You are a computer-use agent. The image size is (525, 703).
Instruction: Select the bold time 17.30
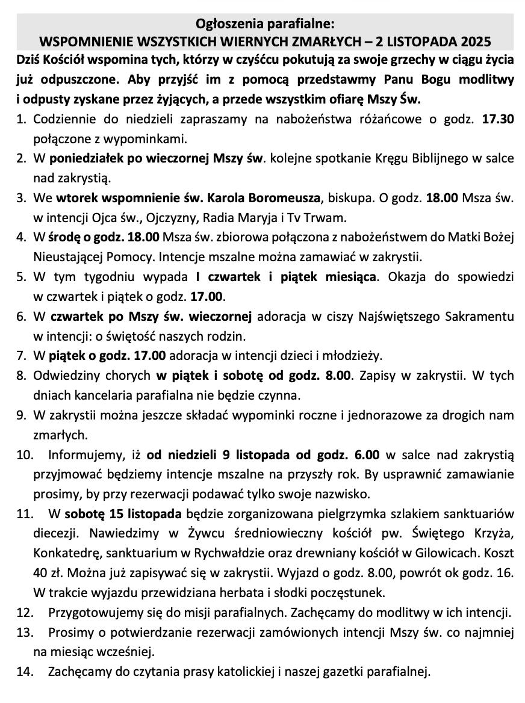pyautogui.click(x=498, y=119)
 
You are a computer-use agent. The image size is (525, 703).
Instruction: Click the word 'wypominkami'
pyautogui.click(x=150, y=139)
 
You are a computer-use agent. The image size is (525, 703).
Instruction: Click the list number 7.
pyautogui.click(x=21, y=355)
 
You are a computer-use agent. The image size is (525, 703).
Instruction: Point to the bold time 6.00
pyautogui.click(x=365, y=454)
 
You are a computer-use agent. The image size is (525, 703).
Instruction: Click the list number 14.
pyautogui.click(x=23, y=670)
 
